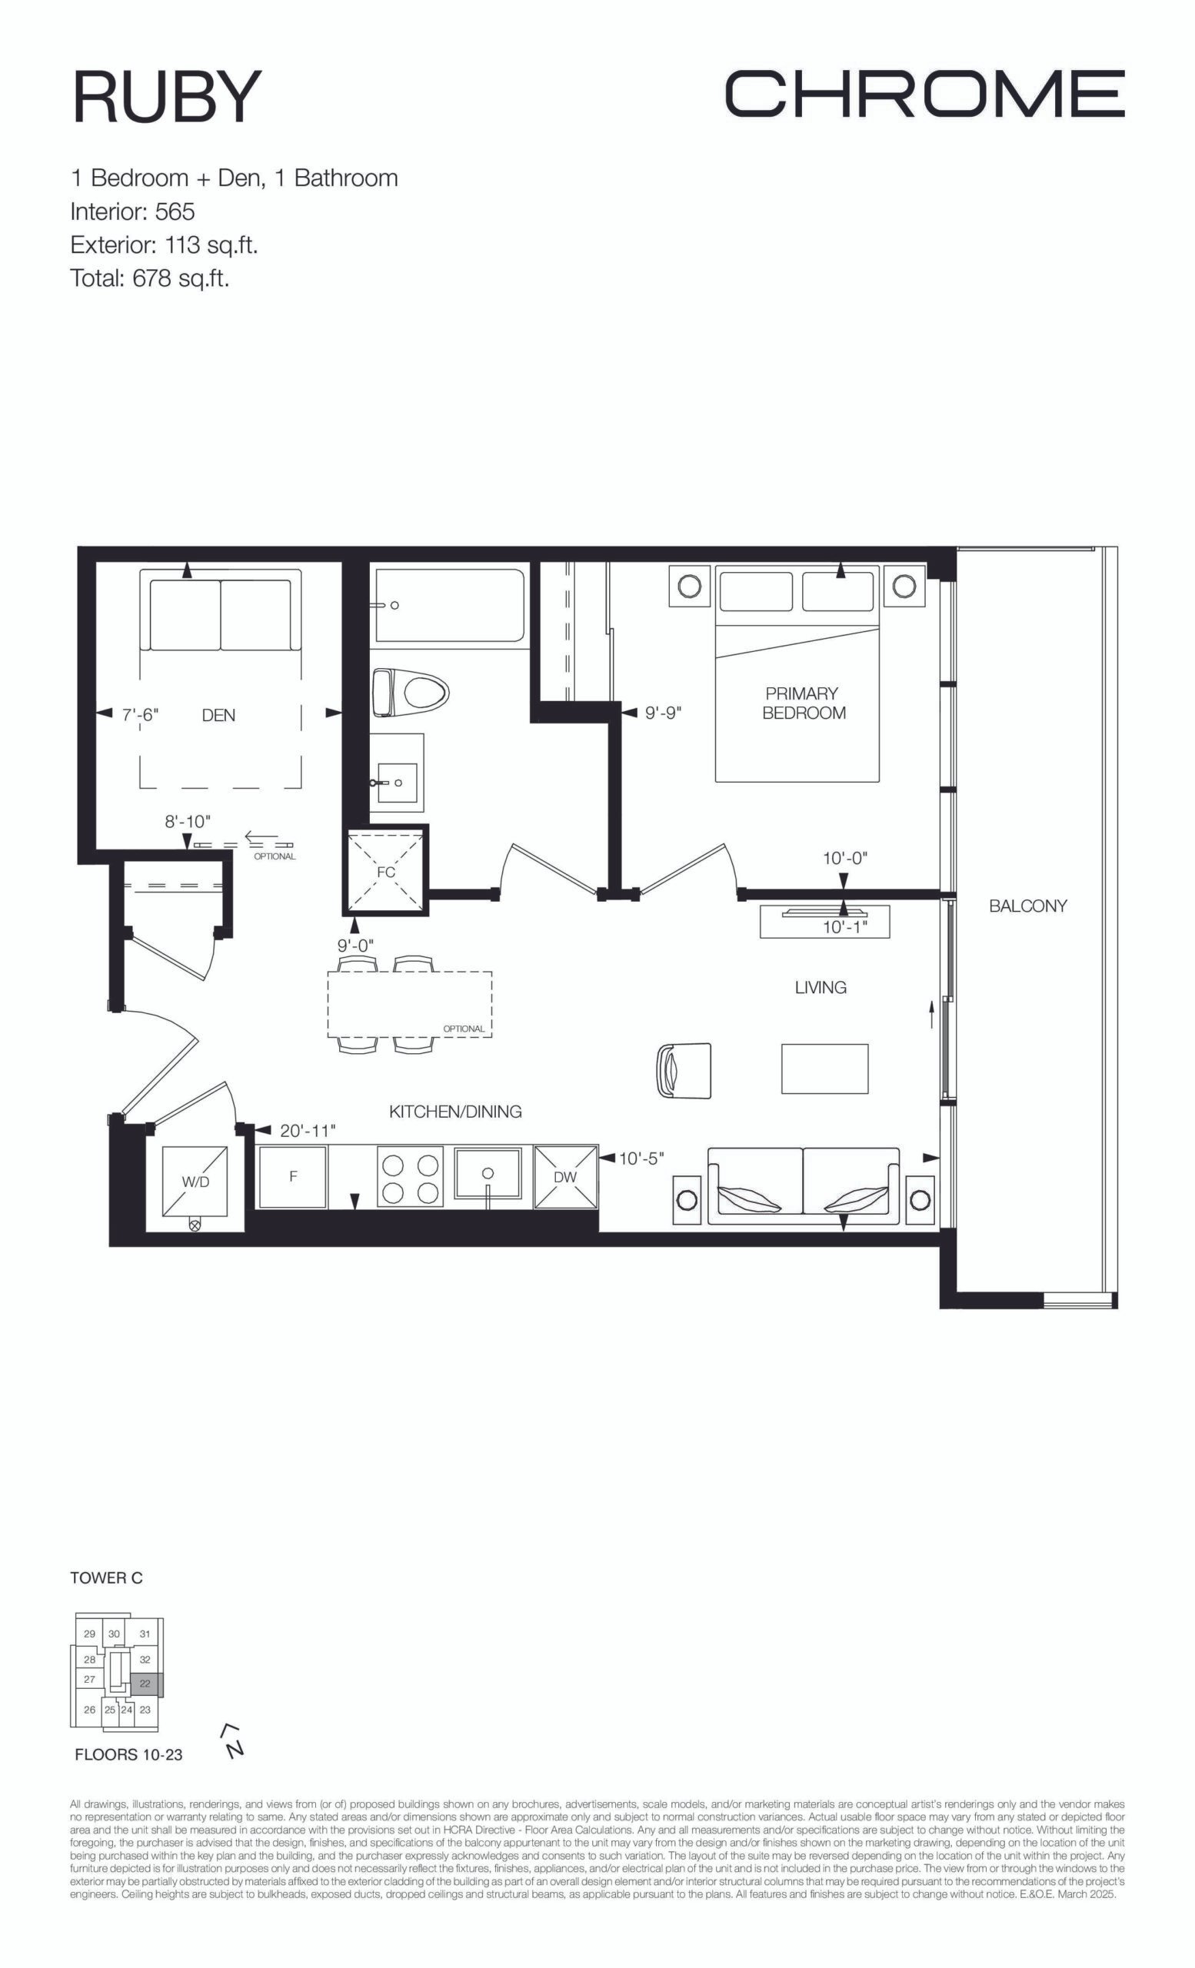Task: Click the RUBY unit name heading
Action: [x=167, y=97]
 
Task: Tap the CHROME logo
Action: [x=925, y=94]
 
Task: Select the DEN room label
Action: [x=218, y=716]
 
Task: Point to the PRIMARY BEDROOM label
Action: [x=803, y=703]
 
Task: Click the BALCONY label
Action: [x=1028, y=906]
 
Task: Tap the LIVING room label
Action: [x=821, y=987]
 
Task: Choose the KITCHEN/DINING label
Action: [x=455, y=1111]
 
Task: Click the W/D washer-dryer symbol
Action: [x=195, y=1182]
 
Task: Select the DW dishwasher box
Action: [x=565, y=1176]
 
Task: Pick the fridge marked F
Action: [x=293, y=1176]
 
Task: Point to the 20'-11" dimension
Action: [x=308, y=1131]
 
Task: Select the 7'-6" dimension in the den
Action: [x=141, y=716]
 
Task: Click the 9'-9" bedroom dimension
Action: [x=664, y=713]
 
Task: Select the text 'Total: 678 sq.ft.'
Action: [x=150, y=278]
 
